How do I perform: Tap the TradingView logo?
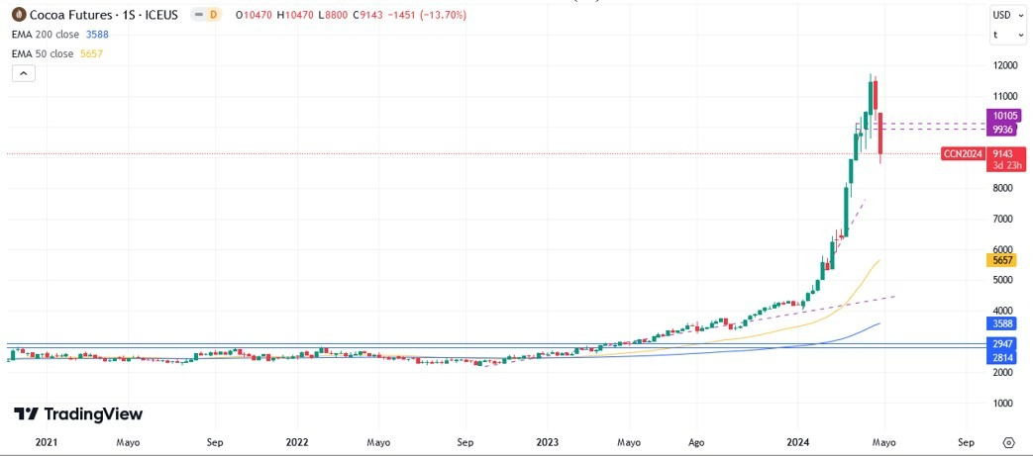pos(78,414)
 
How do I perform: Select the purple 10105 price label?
pos(1001,116)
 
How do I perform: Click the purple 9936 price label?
pos(1001,130)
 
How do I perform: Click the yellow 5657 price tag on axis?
pos(1001,260)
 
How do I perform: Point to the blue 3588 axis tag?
pos(1001,322)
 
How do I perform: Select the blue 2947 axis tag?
pos(1001,343)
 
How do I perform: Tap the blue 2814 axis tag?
pos(1001,357)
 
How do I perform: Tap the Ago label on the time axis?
pos(696,442)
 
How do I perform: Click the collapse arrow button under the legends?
pos(23,73)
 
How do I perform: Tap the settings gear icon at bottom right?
pos(1008,442)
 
